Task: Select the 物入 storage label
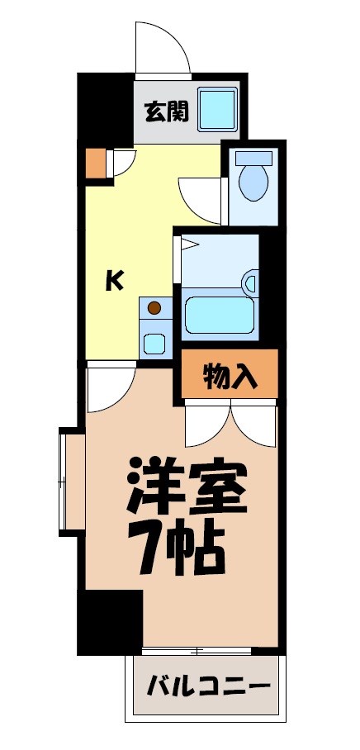tap(230, 376)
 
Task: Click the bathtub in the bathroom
tap(219, 315)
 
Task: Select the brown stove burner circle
tap(154, 308)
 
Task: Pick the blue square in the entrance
tap(217, 108)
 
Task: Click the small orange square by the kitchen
tap(97, 163)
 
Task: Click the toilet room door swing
tap(201, 199)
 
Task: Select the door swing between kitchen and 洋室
tap(111, 388)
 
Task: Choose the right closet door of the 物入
tap(254, 425)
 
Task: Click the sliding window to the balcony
tap(197, 650)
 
